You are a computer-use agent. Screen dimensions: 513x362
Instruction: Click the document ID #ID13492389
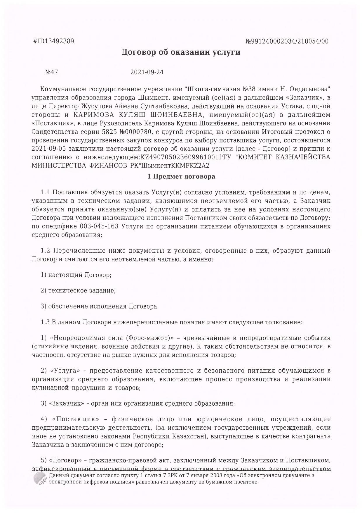(53, 41)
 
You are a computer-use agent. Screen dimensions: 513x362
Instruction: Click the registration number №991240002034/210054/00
(288, 41)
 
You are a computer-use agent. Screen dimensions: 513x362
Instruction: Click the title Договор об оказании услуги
(181, 53)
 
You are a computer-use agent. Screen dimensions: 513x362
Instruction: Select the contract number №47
(52, 72)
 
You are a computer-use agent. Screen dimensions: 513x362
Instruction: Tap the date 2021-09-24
(147, 72)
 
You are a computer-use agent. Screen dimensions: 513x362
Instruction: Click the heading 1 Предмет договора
(181, 177)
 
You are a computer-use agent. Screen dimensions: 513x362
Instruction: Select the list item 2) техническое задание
(78, 291)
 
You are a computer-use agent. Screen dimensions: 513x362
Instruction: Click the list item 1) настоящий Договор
(76, 275)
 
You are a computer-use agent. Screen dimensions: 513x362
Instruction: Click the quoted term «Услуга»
(65, 371)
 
